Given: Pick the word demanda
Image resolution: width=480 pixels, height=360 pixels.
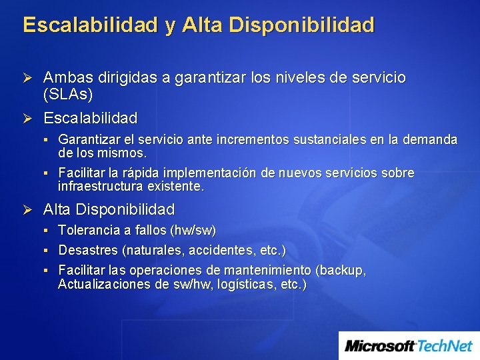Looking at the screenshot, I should [x=431, y=140].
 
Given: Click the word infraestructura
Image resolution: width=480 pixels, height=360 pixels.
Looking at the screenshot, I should [x=101, y=186].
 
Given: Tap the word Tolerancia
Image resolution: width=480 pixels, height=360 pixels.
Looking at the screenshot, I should [x=89, y=231].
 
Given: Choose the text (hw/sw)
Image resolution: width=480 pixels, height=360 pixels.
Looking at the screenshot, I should [x=193, y=231].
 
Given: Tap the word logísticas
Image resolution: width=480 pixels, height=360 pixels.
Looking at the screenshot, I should [x=241, y=284].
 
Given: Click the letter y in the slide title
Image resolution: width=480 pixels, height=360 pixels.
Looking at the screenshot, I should [x=171, y=27].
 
